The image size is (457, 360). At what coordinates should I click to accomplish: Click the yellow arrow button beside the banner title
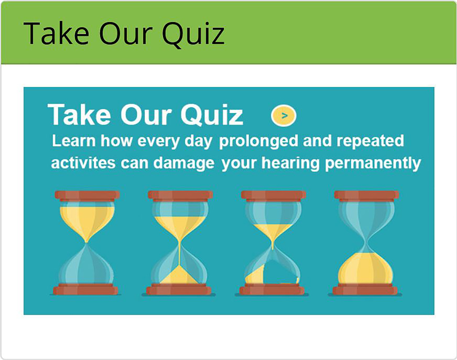pos(284,115)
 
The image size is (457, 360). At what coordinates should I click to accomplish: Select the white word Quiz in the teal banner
pos(212,114)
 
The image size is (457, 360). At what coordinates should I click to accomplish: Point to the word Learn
pos(74,141)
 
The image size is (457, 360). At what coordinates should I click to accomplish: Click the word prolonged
pos(259,141)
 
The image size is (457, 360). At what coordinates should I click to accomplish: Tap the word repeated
pos(370,141)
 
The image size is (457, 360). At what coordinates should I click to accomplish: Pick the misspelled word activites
pos(83,163)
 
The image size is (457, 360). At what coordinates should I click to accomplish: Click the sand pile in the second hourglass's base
pos(179,275)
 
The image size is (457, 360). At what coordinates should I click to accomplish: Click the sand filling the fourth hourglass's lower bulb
pos(365,269)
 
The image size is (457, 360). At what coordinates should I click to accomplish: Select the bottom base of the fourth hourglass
pos(365,289)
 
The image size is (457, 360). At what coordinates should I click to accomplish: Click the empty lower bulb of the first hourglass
pos(86,265)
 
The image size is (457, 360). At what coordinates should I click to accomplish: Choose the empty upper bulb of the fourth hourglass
pos(366,220)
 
